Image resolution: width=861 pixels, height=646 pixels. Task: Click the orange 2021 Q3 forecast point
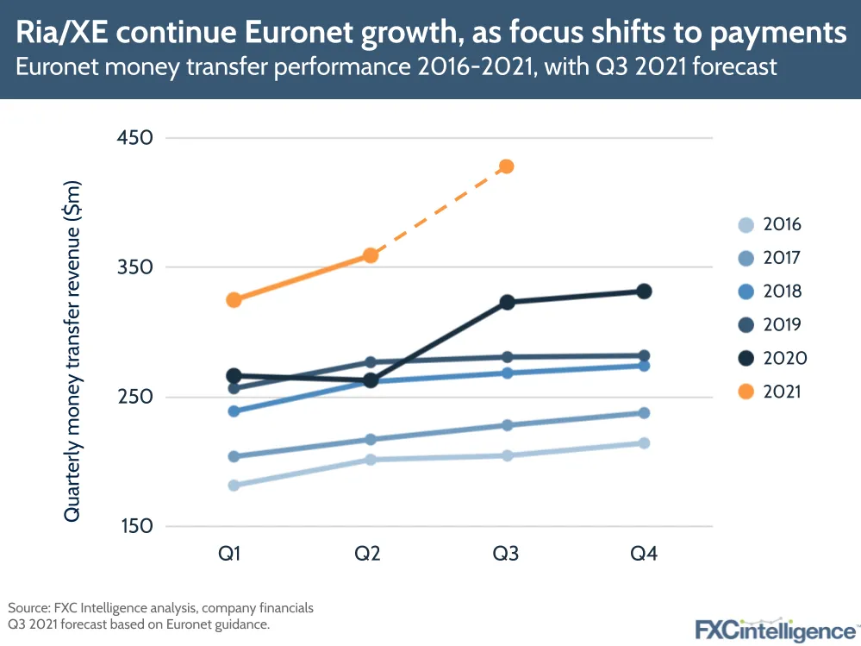507,166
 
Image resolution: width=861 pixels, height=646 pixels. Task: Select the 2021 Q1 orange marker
234,300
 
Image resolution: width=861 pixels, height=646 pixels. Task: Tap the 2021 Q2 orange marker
370,255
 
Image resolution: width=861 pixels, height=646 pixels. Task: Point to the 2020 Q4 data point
644,292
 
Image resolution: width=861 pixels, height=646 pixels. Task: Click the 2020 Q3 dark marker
507,302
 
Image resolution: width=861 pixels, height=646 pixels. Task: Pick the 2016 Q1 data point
234,486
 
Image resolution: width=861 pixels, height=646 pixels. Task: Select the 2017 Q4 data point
644,413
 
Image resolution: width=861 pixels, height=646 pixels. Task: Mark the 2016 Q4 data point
644,443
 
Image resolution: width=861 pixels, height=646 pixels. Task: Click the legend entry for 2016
771,225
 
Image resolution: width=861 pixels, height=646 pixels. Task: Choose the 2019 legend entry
771,325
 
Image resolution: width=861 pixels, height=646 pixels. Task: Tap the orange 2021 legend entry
771,392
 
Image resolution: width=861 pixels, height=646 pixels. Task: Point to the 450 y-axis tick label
134,138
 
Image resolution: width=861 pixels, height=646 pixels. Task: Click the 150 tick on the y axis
134,527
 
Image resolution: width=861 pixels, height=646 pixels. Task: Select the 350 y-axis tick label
134,267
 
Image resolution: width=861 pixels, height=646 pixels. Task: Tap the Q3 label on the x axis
506,555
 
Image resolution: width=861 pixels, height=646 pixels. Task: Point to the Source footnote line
160,608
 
